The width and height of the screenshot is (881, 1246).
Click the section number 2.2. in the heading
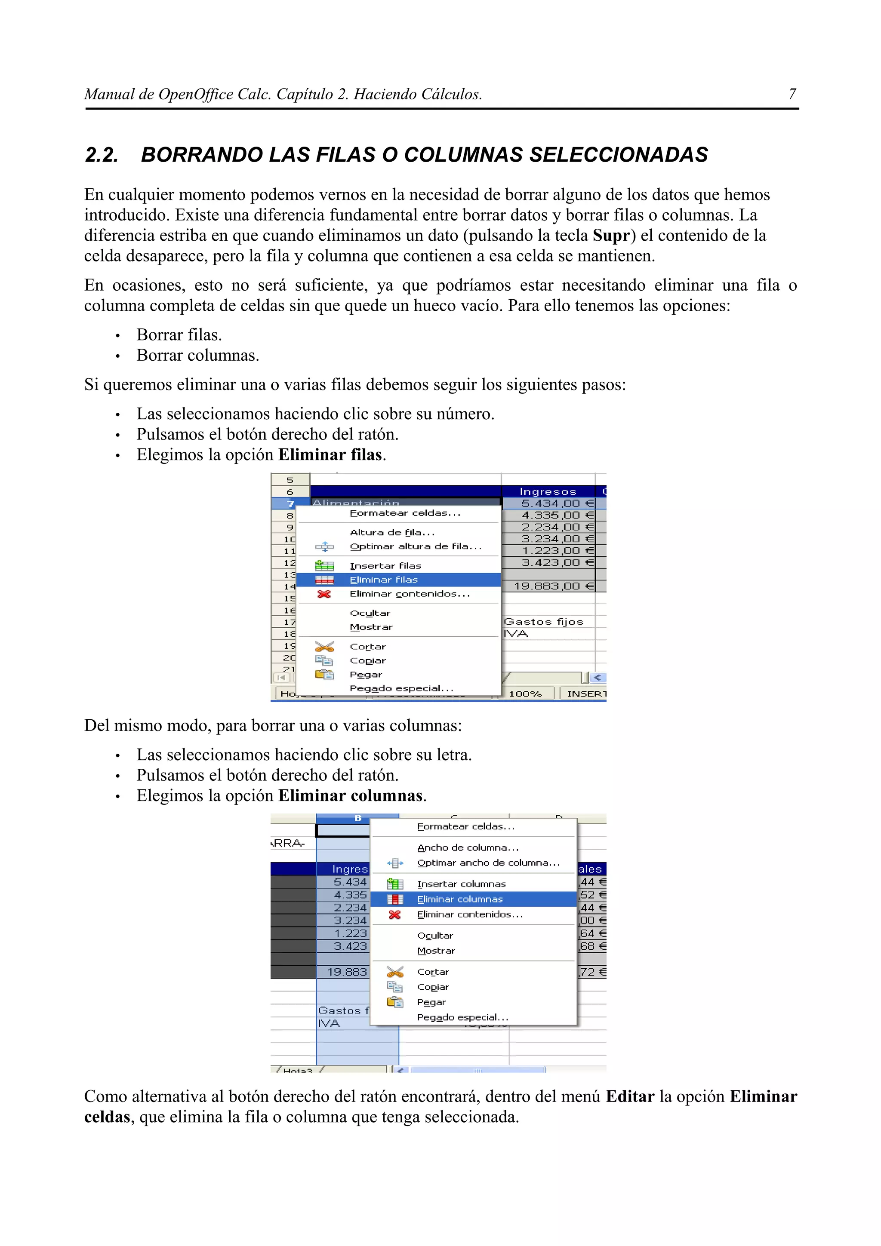point(102,155)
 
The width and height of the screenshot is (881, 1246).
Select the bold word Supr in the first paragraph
point(611,236)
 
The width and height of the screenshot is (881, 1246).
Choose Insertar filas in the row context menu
point(385,565)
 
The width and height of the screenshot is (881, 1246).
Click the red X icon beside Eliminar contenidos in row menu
point(324,594)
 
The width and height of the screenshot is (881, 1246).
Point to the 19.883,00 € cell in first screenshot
point(548,586)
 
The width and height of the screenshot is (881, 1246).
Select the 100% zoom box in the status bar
point(525,694)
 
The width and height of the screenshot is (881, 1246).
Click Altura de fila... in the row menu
point(392,532)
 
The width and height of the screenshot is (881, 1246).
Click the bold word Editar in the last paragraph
point(630,1097)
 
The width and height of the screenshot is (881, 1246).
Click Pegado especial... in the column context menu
point(462,1017)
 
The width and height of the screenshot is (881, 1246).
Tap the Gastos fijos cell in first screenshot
point(543,622)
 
